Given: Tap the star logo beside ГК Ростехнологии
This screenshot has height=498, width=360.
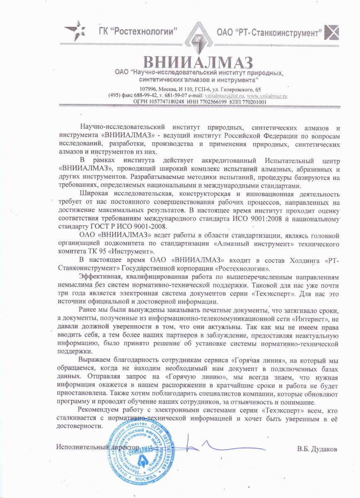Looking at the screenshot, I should [75, 30].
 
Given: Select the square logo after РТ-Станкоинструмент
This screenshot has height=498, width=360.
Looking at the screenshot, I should [333, 32].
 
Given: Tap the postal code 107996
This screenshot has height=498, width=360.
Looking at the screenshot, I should [149, 90].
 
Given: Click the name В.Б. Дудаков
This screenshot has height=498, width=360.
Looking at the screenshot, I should [317, 449].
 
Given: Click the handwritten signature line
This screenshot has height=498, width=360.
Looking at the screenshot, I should [216, 448].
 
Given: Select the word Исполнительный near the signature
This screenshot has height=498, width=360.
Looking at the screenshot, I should [77, 448].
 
